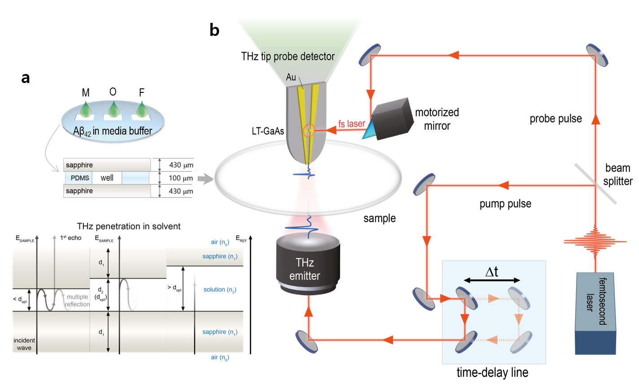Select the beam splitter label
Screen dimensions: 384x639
pyautogui.click(x=617, y=175)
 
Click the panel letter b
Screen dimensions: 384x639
pyautogui.click(x=214, y=30)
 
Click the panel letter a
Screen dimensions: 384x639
pyautogui.click(x=26, y=78)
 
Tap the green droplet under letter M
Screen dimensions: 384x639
pyautogui.click(x=86, y=109)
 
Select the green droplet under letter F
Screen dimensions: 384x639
pyautogui.click(x=142, y=109)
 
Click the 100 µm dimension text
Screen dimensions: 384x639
pyautogui.click(x=181, y=178)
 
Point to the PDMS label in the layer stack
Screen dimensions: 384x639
pyautogui.click(x=80, y=178)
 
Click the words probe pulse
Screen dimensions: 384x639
pyautogui.click(x=556, y=119)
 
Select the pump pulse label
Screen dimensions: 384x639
pyautogui.click(x=505, y=204)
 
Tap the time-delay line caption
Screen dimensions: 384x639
pyautogui.click(x=492, y=372)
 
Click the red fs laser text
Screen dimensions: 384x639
pyautogui.click(x=351, y=124)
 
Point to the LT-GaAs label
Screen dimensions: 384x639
pyautogui.click(x=268, y=131)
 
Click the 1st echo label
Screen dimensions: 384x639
pyautogui.click(x=71, y=238)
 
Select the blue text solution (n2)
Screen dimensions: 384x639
pyautogui.click(x=220, y=290)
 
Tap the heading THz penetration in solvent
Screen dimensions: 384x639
pyautogui.click(x=129, y=226)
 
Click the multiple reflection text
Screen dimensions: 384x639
pyautogui.click(x=77, y=301)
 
